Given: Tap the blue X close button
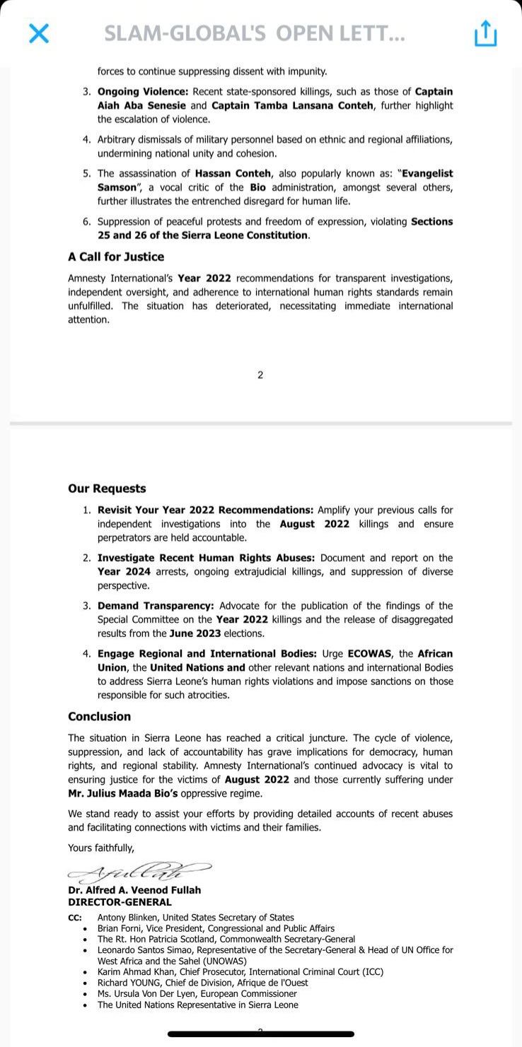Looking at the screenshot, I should (x=39, y=33).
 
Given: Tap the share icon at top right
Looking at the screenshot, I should (x=485, y=33).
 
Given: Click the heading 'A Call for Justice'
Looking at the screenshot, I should (x=116, y=257).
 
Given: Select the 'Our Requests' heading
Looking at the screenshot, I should (x=107, y=489).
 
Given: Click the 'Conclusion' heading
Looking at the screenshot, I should (x=99, y=716).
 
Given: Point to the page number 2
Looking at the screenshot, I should (x=260, y=375).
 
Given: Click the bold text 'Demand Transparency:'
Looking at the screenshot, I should (x=156, y=606).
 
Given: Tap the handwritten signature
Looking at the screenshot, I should (x=138, y=871).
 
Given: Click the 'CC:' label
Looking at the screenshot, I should (x=75, y=918).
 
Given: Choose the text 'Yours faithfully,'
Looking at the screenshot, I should (x=101, y=848).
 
